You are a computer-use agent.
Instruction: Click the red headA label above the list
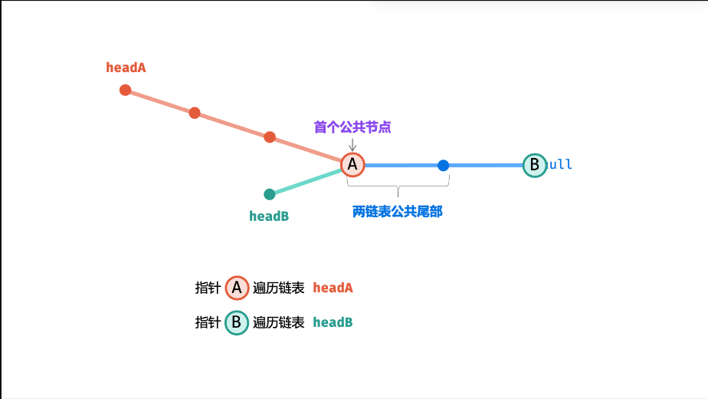(126, 68)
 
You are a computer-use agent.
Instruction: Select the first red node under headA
(126, 90)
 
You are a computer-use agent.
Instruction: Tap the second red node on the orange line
(195, 113)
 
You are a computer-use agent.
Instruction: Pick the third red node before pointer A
(270, 137)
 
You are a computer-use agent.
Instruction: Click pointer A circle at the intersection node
(352, 164)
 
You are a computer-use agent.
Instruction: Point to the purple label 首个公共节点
(352, 127)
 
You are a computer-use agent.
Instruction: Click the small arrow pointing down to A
(352, 144)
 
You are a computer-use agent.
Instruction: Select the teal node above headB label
(270, 194)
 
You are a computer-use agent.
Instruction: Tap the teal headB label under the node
(269, 216)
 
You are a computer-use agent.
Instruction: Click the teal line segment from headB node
(306, 181)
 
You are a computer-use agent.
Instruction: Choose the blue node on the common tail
(443, 165)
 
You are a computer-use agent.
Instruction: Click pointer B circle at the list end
(534, 165)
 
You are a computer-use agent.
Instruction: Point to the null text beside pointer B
(560, 165)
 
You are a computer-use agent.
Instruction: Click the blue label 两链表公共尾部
(398, 212)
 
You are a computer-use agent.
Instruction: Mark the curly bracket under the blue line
(398, 184)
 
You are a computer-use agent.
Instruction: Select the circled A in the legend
(237, 288)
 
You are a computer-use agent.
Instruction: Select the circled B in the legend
(237, 322)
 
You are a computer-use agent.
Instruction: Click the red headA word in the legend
(333, 289)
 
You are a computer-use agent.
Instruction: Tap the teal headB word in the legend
(333, 322)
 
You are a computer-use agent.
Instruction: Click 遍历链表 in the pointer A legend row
(279, 289)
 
